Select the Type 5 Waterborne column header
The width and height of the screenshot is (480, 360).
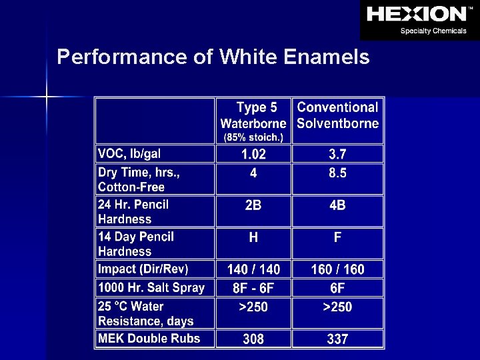pos(253,115)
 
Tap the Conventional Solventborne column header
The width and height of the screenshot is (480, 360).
pos(337,115)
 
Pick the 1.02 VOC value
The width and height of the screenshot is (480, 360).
pos(253,155)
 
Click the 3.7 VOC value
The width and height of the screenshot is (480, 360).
pos(337,155)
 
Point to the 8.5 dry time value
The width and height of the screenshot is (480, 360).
pos(337,173)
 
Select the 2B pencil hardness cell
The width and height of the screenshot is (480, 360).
pos(253,206)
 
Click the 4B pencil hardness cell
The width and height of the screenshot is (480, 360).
pos(337,206)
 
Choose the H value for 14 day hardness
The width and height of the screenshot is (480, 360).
pos(253,238)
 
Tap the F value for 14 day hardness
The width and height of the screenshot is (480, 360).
pos(337,238)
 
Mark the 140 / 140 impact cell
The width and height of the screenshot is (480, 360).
pos(253,270)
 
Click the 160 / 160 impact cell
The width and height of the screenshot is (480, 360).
pos(337,270)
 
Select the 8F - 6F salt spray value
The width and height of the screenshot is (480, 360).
pos(253,289)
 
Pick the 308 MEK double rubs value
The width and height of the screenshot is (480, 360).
pos(253,339)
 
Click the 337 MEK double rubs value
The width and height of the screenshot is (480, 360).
pos(337,339)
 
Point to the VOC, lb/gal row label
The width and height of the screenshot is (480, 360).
pos(129,154)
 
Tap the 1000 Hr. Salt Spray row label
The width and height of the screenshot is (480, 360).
pos(151,288)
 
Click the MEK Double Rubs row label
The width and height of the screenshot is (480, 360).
pos(149,339)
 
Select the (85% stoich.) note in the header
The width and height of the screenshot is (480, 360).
pos(253,138)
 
